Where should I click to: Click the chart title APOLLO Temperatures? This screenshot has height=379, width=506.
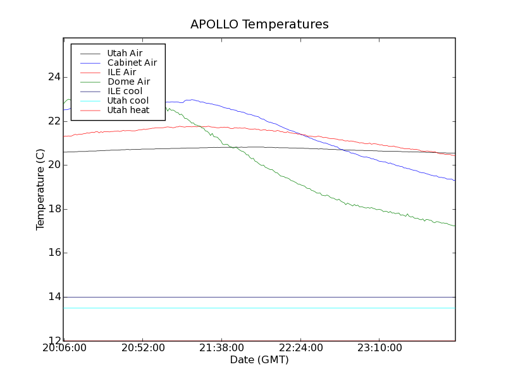[x=259, y=25]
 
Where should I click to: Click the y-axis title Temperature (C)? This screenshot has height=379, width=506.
[x=40, y=189]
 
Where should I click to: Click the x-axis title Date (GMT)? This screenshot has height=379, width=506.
[x=259, y=360]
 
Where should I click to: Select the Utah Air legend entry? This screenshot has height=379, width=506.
[x=125, y=53]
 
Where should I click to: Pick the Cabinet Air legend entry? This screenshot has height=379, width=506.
[x=132, y=63]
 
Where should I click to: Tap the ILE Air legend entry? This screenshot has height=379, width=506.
[x=121, y=72]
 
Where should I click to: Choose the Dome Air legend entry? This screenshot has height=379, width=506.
[x=128, y=81]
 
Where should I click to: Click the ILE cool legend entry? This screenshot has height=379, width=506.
[x=125, y=91]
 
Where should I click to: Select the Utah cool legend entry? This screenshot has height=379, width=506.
[x=128, y=100]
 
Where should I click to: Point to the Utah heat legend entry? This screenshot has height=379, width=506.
[x=128, y=110]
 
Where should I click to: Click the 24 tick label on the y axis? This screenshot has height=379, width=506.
[x=54, y=77]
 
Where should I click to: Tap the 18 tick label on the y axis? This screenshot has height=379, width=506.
[x=54, y=209]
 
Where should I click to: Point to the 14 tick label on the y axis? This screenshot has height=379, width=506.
[x=54, y=297]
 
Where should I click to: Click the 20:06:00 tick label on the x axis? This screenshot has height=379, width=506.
[x=63, y=348]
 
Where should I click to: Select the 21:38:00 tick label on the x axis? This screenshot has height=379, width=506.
[x=221, y=348]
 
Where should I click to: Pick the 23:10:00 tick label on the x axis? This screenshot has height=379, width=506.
[x=378, y=348]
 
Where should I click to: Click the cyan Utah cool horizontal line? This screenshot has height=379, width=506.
[x=253, y=308]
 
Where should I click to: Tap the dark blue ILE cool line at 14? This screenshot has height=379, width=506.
[x=253, y=297]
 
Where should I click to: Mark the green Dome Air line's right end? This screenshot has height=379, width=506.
[x=454, y=226]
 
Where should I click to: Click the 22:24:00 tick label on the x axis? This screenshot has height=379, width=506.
[x=299, y=348]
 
